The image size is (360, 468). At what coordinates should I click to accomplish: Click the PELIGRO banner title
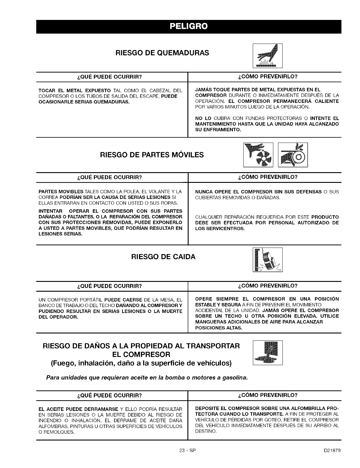click(189, 26)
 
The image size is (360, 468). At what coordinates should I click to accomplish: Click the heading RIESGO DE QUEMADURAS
click(162, 53)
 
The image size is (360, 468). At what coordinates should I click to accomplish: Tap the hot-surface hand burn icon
click(267, 56)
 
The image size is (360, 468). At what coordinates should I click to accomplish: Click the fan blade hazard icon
click(258, 155)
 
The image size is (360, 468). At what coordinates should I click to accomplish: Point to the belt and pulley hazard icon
click(293, 155)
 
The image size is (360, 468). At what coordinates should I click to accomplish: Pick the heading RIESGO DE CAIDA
click(163, 257)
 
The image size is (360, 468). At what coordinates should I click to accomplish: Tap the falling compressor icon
click(267, 260)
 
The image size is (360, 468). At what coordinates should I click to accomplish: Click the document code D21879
click(332, 450)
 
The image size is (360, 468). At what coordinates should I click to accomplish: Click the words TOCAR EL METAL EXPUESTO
click(75, 90)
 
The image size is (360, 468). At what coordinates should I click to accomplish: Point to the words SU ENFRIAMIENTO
click(218, 129)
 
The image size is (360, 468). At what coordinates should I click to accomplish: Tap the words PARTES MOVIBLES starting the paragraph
click(61, 191)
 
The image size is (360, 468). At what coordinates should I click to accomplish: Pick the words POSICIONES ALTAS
click(218, 328)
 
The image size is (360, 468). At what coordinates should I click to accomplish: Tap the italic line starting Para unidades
click(147, 378)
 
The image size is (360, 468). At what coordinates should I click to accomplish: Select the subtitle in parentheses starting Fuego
click(141, 363)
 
